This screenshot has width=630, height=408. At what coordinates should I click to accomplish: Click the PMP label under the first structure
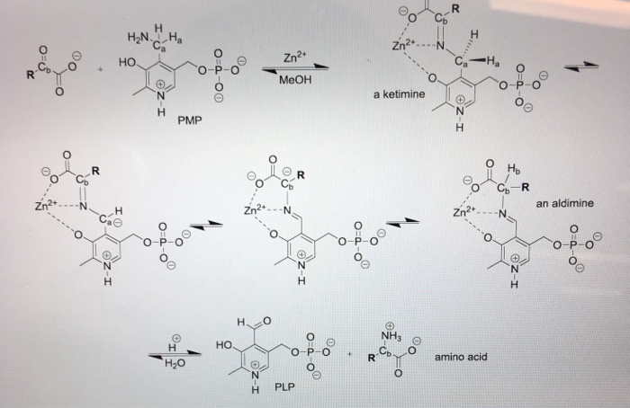pyautogui.click(x=189, y=119)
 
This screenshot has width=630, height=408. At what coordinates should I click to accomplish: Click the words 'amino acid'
pyautogui.click(x=460, y=357)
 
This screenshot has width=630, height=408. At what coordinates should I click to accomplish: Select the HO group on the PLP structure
pyautogui.click(x=225, y=344)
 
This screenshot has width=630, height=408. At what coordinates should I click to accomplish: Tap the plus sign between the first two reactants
pyautogui.click(x=100, y=66)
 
